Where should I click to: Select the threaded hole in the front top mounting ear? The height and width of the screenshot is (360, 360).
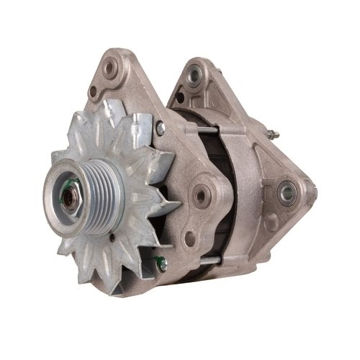(110, 69)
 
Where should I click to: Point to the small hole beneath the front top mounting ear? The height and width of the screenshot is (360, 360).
(93, 91)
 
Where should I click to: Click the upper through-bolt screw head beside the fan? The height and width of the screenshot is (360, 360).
(160, 127)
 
